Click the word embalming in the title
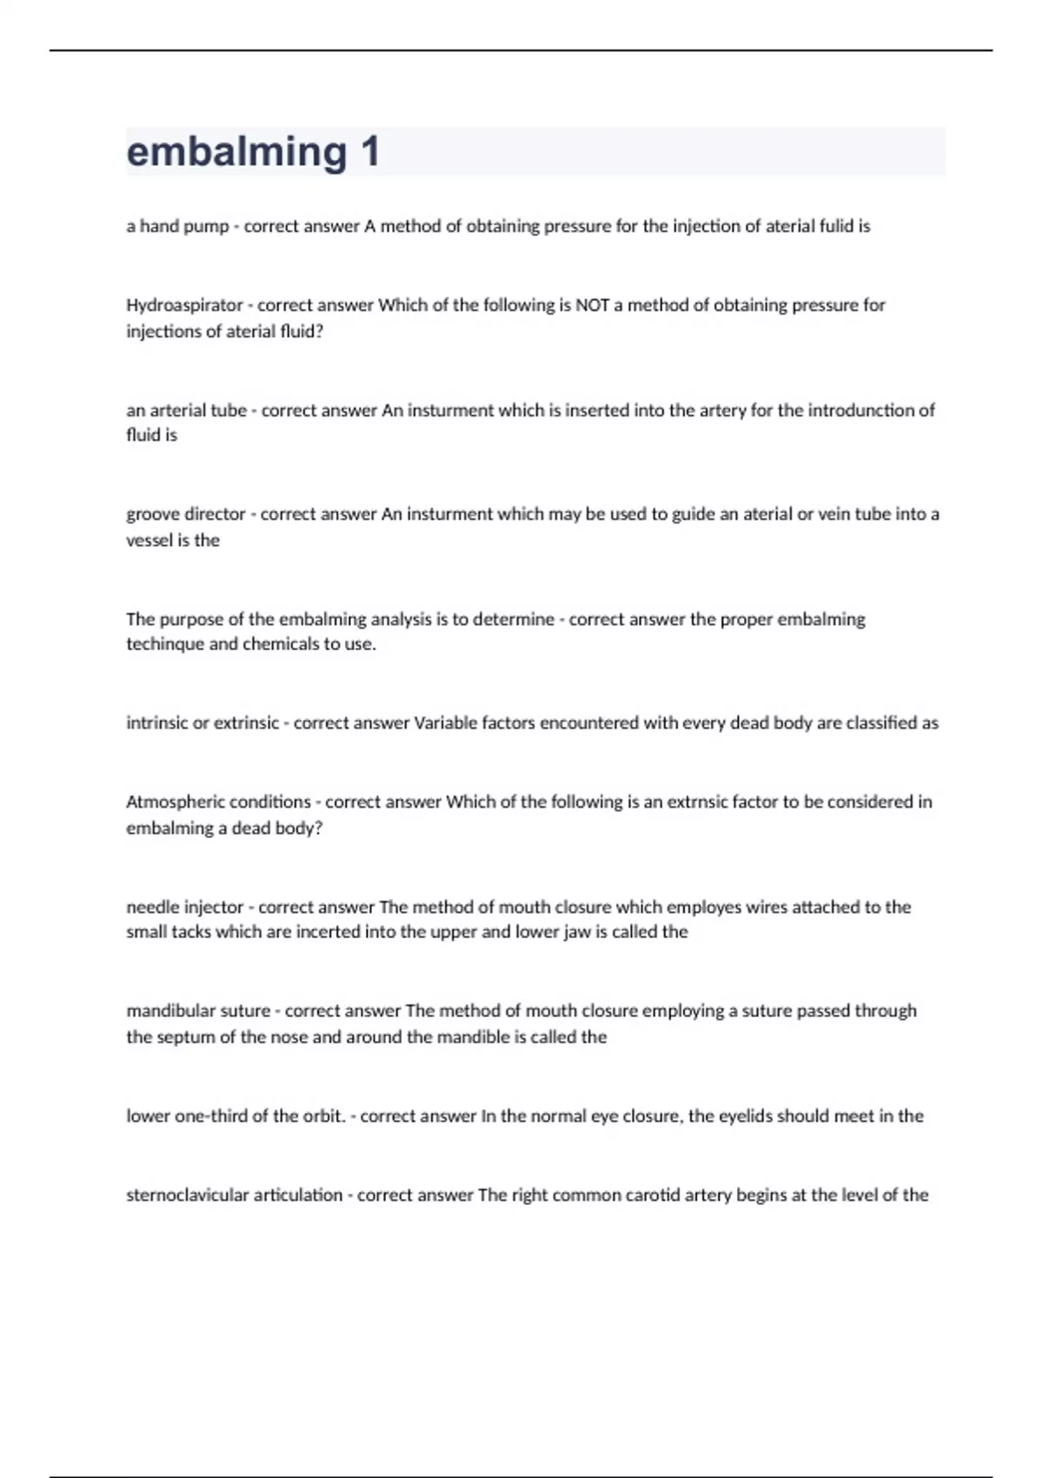pos(236,152)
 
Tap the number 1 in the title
pos(369,152)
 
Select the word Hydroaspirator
pos(184,305)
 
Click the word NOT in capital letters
pos(593,305)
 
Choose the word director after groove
pos(214,515)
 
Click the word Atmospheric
pos(174,802)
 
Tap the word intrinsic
pos(159,723)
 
